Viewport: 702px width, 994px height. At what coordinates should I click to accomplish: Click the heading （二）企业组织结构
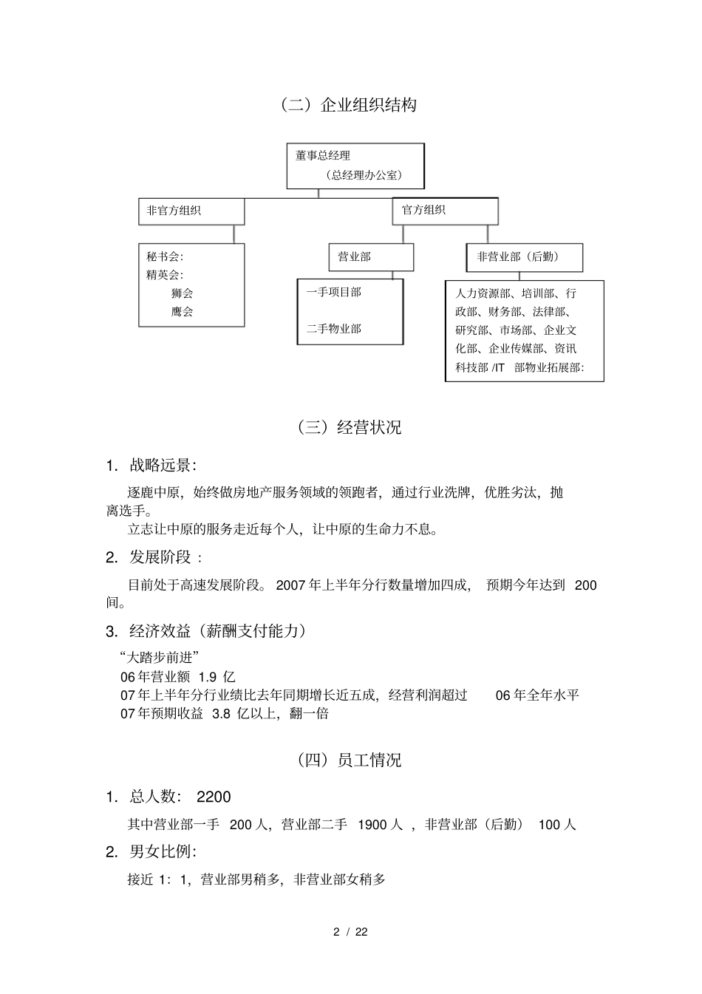(x=347, y=105)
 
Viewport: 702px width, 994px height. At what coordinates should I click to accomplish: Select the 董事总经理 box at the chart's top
(x=355, y=166)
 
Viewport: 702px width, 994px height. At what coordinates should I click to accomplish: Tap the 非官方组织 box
(x=191, y=211)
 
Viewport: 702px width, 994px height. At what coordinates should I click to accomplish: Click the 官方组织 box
(x=445, y=210)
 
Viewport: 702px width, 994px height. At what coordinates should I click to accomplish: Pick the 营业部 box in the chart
(x=371, y=256)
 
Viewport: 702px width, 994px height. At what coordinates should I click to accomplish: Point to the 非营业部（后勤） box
(x=525, y=256)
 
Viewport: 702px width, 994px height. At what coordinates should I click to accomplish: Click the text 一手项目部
(x=334, y=292)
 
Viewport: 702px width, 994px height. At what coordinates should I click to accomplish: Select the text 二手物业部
(x=334, y=328)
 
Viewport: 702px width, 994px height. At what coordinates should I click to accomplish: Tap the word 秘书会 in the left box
(x=163, y=256)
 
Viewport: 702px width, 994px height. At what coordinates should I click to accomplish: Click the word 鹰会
(x=182, y=311)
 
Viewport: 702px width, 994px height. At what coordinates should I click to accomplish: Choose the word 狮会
(x=182, y=293)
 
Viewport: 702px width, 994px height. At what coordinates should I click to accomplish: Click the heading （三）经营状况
(x=348, y=427)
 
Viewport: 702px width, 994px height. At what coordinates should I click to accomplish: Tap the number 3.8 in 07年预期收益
(x=221, y=714)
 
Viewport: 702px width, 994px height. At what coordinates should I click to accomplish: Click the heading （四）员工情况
(x=348, y=760)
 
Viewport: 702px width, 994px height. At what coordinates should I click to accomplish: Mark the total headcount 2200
(x=214, y=797)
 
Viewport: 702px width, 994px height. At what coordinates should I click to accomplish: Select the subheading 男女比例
(x=162, y=851)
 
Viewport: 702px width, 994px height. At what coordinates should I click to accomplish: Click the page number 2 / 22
(x=350, y=931)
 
